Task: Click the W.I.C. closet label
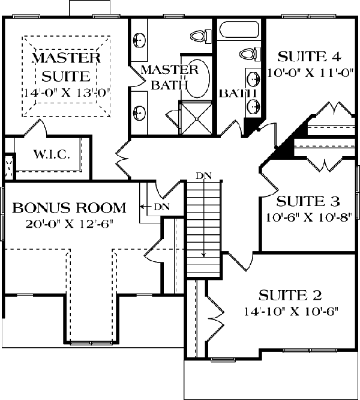pos(52,154)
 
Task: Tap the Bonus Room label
pos(69,208)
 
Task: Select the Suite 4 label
pos(309,56)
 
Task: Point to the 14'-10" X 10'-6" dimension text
pos(291,312)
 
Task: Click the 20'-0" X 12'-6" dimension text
pos(69,224)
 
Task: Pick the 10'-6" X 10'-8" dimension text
pos(309,217)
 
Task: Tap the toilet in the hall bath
pos(250,54)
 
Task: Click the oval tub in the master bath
pos(199,78)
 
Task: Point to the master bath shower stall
pos(196,118)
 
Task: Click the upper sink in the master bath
pos(139,40)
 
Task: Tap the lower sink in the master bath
pos(139,113)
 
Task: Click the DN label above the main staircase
pos(203,176)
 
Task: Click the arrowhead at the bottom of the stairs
pos(203,255)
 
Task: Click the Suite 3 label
pos(308,201)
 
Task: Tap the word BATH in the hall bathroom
pos(238,94)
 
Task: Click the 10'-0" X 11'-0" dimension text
pos(311,73)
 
